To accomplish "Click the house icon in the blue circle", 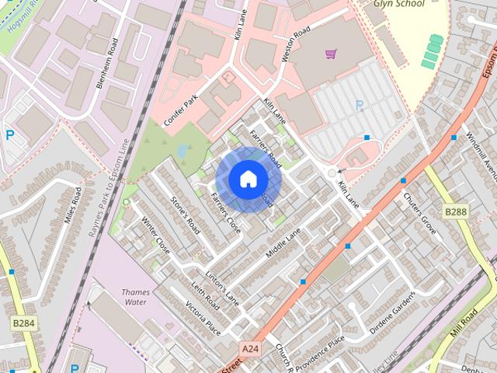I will (x=247, y=179).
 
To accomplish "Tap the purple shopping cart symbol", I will (x=331, y=54).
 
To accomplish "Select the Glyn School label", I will (x=400, y=3).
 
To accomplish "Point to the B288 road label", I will (x=456, y=211).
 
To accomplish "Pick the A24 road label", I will (x=250, y=349).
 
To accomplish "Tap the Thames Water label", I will (x=136, y=297).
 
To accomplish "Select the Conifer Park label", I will (x=182, y=112).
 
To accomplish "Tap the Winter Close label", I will (x=155, y=235).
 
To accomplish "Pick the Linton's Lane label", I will (x=223, y=285).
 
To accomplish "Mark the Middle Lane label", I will (x=283, y=243).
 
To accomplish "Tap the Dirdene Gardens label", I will (x=393, y=312).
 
